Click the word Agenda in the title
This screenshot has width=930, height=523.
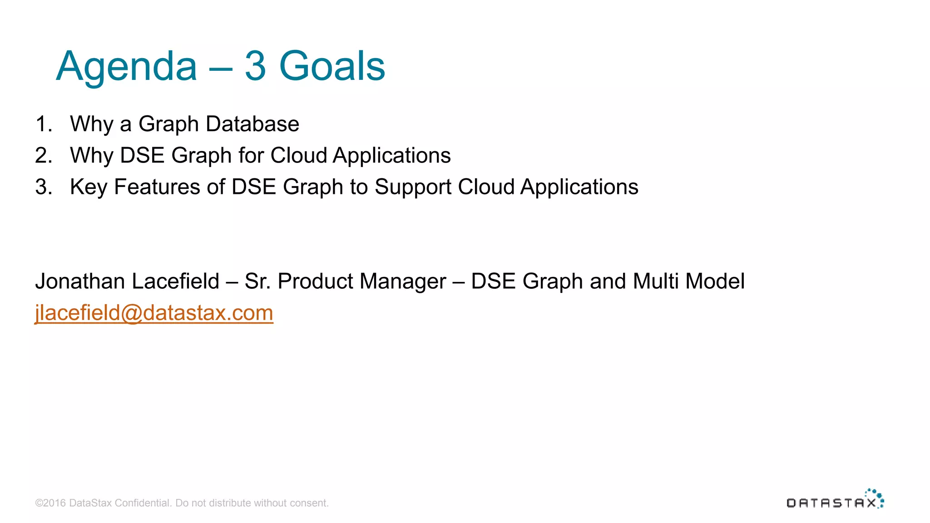click(126, 66)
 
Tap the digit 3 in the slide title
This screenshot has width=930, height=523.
click(255, 66)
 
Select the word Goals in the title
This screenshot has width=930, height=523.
click(332, 66)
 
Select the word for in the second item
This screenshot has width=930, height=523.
click(251, 156)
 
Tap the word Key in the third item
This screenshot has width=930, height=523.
click(89, 187)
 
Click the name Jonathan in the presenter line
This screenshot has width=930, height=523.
click(80, 281)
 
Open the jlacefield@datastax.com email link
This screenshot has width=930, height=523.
click(154, 313)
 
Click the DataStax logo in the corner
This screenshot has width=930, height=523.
click(835, 499)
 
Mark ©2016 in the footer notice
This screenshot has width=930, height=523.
click(50, 503)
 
